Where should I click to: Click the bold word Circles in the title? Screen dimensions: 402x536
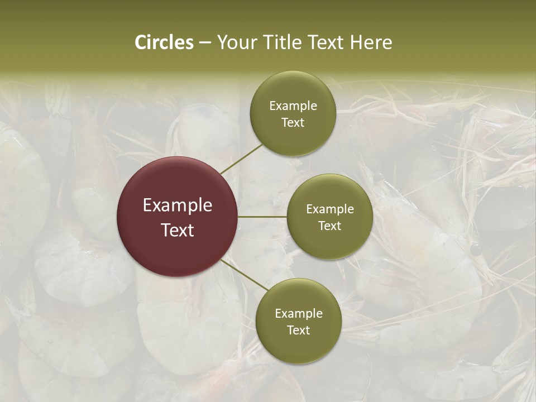click(164, 42)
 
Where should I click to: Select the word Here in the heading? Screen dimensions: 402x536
click(371, 42)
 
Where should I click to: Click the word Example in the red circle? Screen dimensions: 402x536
click(178, 205)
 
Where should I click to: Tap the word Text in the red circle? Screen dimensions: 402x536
click(178, 230)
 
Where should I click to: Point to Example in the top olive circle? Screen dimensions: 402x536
click(293, 106)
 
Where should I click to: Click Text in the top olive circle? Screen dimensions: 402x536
click(293, 123)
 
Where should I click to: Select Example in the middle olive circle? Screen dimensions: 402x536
click(329, 209)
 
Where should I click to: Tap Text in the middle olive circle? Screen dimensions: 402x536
click(329, 226)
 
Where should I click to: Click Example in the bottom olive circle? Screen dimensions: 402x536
click(298, 314)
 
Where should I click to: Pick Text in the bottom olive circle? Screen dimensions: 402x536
click(298, 331)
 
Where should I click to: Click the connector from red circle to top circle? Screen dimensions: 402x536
click(242, 159)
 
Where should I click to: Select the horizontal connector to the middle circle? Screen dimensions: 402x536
click(262, 217)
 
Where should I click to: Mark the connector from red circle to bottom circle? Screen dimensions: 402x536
click(245, 275)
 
